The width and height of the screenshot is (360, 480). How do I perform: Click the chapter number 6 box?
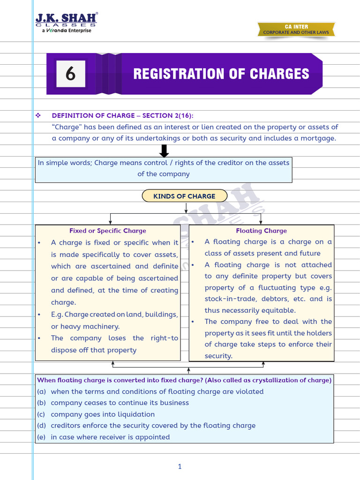click(71, 74)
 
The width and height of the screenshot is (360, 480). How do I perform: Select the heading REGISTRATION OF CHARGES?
click(221, 74)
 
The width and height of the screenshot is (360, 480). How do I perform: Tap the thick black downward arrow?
click(164, 151)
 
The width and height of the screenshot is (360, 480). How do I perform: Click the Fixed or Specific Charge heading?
click(108, 231)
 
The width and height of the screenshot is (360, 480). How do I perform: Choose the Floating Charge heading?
click(261, 231)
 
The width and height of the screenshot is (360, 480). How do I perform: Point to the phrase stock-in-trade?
click(228, 299)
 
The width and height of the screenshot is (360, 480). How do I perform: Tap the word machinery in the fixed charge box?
click(103, 327)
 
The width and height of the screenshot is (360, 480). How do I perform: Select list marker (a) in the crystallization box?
click(42, 391)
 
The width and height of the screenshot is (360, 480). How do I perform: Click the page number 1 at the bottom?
click(180, 466)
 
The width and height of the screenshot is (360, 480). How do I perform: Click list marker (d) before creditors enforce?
click(42, 426)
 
